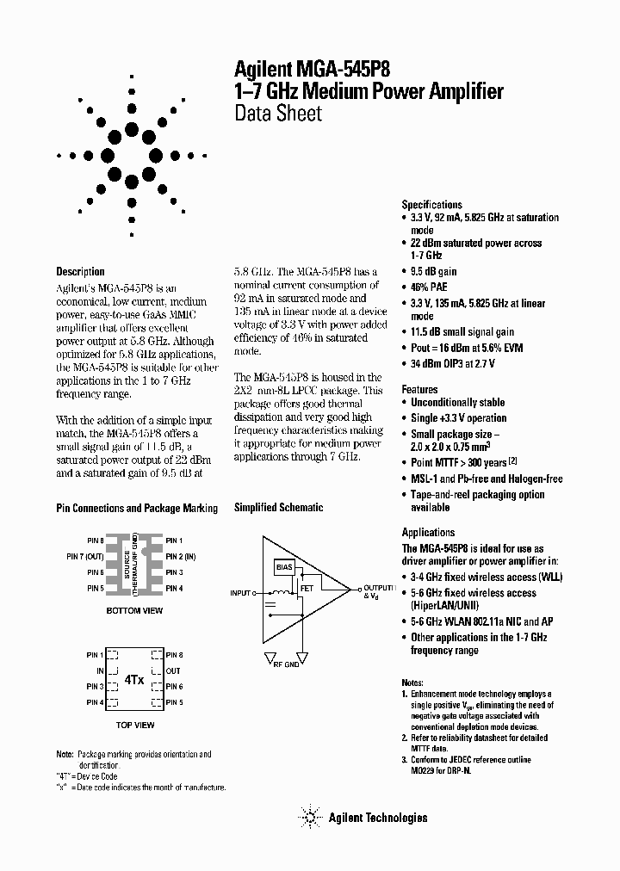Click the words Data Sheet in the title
(x=278, y=114)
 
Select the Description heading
(x=80, y=272)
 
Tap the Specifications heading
(x=432, y=205)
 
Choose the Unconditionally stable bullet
(x=457, y=402)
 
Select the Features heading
(x=419, y=390)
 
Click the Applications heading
(x=428, y=532)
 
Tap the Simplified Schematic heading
(x=279, y=508)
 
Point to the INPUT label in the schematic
(x=241, y=593)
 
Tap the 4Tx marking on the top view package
(x=133, y=679)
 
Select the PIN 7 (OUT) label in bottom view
(x=86, y=556)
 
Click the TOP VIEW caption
(x=134, y=725)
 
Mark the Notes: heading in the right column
(x=412, y=681)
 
